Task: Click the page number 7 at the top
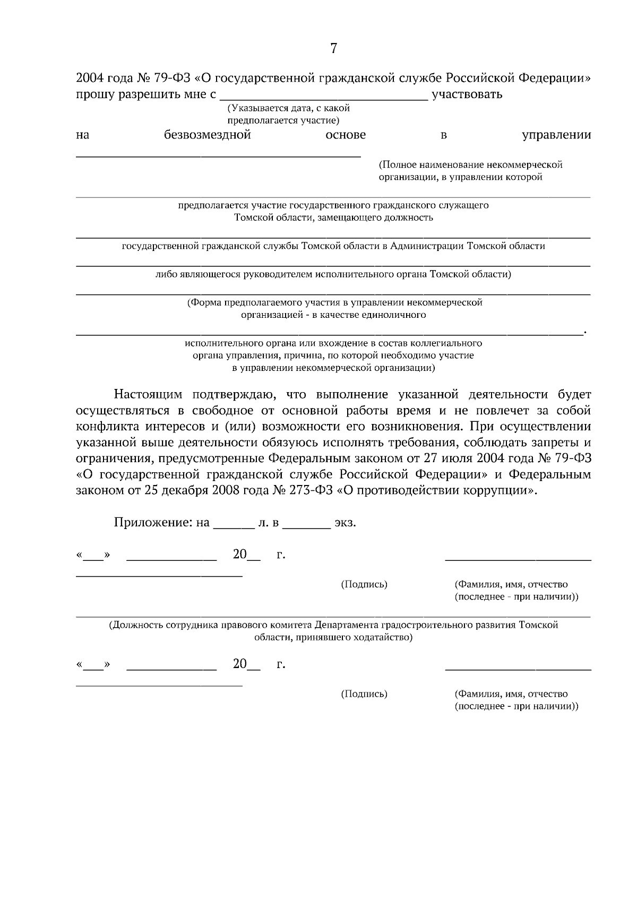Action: coord(333,49)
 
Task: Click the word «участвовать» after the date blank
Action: coord(467,95)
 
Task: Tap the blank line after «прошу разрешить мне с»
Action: coord(323,98)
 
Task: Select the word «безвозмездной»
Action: coord(207,135)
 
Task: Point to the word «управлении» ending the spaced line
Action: coord(556,135)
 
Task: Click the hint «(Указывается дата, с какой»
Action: coord(289,108)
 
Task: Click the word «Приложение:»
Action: coord(154,523)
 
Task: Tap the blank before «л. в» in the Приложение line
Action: coord(234,525)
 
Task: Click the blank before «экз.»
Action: coord(306,525)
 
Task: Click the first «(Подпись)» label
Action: coord(364,584)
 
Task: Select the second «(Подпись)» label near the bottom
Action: coord(364,694)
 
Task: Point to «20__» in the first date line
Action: coord(246,555)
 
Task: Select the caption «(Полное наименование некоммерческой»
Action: coord(470,164)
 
